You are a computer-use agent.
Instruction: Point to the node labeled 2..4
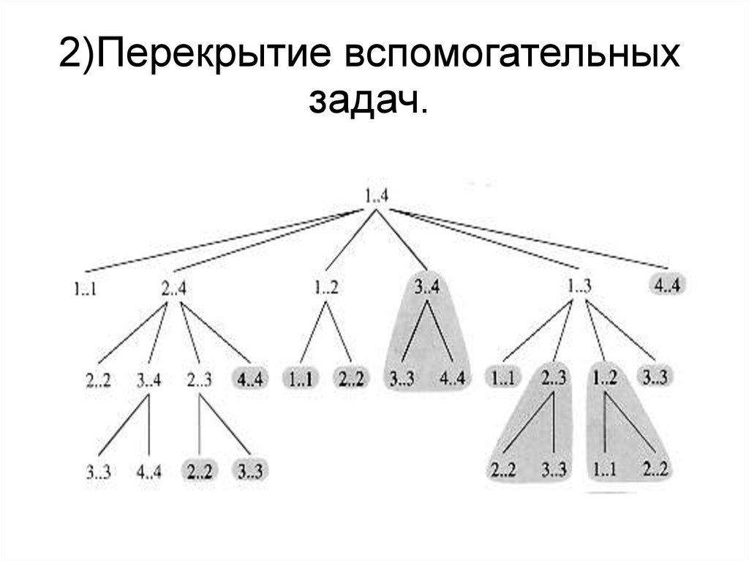point(173,288)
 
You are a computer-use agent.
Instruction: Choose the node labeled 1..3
point(579,286)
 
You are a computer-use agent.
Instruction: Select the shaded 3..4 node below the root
point(427,287)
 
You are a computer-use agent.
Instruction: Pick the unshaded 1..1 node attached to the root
point(86,289)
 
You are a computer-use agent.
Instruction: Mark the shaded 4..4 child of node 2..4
point(250,380)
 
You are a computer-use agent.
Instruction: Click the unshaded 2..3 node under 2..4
point(200,380)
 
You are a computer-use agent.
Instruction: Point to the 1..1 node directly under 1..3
point(504,378)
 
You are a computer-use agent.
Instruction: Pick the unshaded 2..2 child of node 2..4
point(99,380)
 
